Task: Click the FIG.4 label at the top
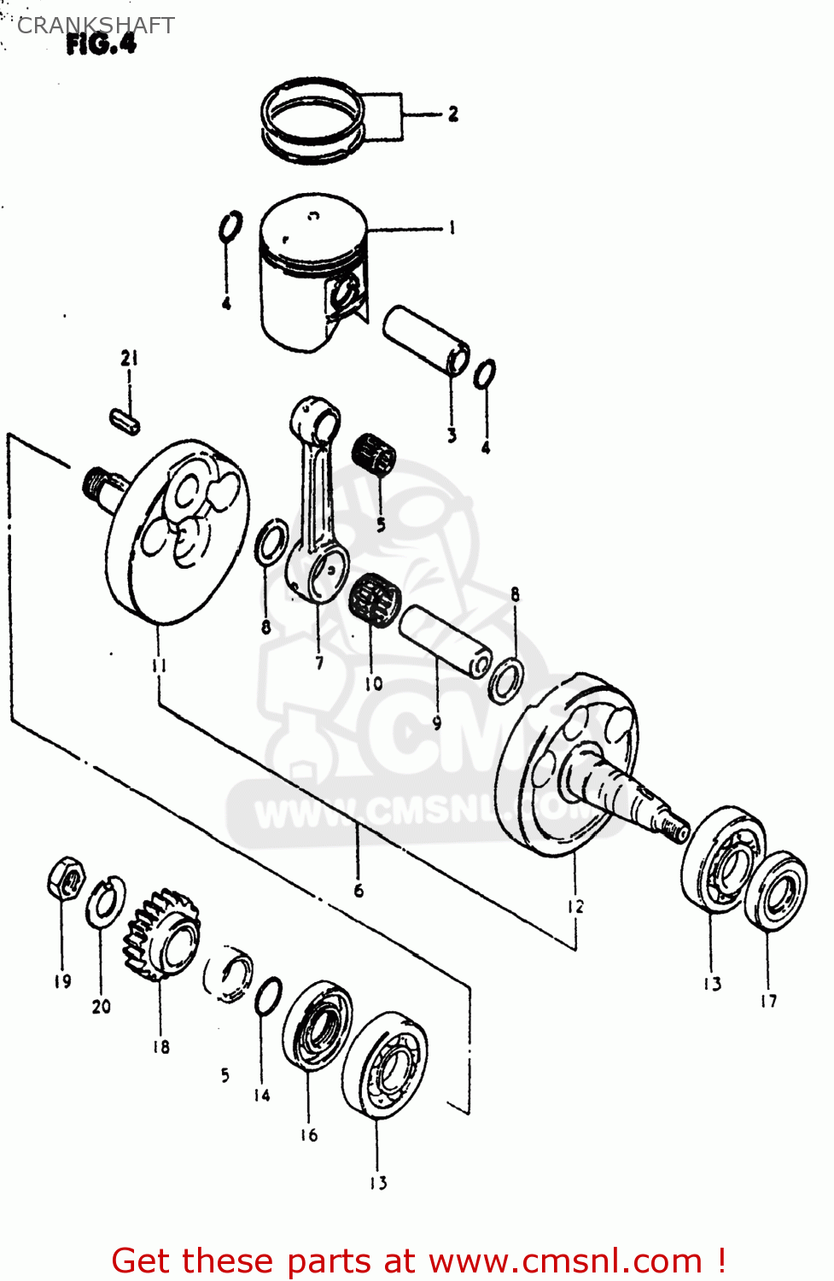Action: pos(101,44)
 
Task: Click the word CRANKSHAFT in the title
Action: pos(96,25)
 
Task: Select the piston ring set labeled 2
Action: pos(312,119)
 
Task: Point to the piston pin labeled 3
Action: pos(425,340)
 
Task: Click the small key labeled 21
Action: pos(125,421)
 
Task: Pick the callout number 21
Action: pos(129,358)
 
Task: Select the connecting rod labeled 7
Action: pos(317,504)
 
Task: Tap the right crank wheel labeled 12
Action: pos(568,764)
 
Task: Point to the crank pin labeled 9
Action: pos(444,640)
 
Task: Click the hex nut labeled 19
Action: pos(66,878)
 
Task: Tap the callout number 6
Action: pos(359,890)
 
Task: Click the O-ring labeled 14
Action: pos(268,996)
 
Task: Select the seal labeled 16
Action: pos(317,1025)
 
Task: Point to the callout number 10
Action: pos(373,683)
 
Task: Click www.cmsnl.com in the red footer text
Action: pos(565,1261)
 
